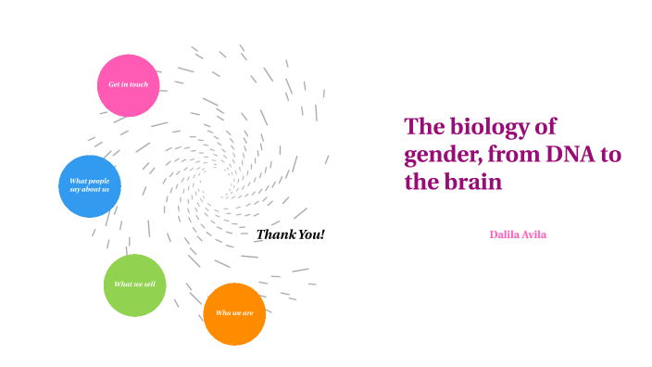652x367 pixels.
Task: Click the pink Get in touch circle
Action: (x=129, y=85)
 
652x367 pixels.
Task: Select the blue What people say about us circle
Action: (x=90, y=185)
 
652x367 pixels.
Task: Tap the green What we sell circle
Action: (x=134, y=285)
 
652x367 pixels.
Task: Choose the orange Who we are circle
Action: (x=234, y=313)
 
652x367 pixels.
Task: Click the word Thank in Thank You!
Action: (x=275, y=234)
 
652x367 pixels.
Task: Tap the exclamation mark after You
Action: (x=323, y=234)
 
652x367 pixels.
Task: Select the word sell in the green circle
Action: (x=149, y=284)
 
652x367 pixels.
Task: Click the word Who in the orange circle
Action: (x=222, y=313)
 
